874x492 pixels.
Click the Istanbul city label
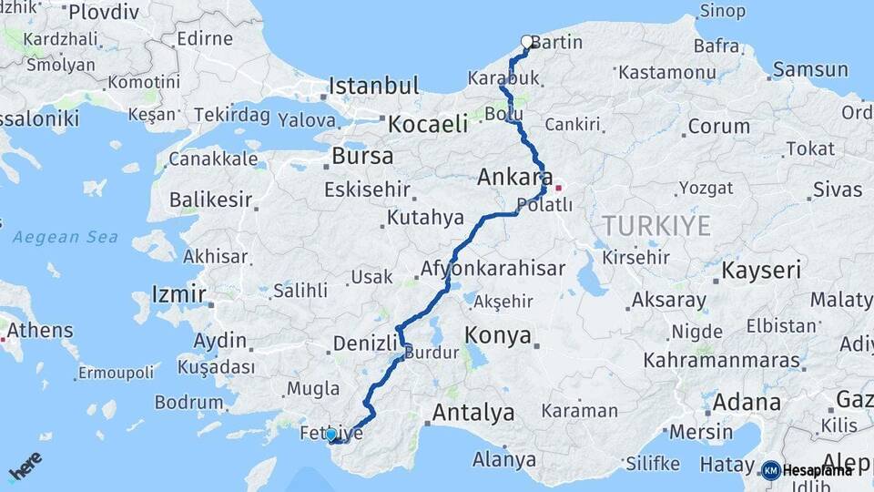(x=373, y=87)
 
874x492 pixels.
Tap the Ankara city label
(x=515, y=178)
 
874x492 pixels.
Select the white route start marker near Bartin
(x=526, y=41)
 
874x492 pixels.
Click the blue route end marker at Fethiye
(x=331, y=435)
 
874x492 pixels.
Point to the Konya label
(x=498, y=335)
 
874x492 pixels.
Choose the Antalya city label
(x=473, y=413)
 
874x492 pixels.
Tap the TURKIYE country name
(x=655, y=226)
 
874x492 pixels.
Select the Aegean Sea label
(x=66, y=237)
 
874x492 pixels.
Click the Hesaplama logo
(x=808, y=470)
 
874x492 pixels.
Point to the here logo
(x=25, y=466)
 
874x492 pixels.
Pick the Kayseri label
(x=761, y=270)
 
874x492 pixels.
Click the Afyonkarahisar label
(x=493, y=270)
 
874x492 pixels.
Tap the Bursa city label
(x=362, y=156)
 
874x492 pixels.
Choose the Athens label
(x=40, y=330)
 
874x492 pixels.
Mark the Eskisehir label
(x=367, y=191)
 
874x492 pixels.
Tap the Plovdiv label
(x=104, y=12)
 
